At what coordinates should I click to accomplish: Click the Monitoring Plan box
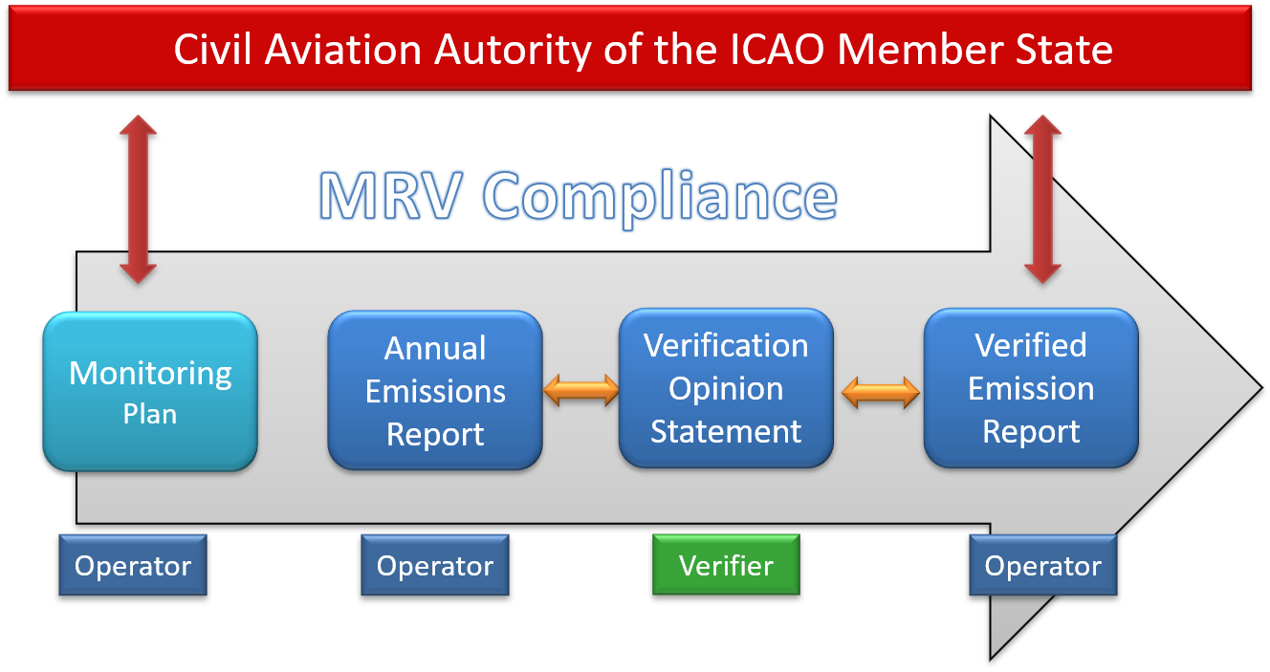click(x=150, y=392)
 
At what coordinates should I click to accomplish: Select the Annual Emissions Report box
click(x=435, y=390)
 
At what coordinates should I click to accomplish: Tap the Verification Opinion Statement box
click(x=726, y=388)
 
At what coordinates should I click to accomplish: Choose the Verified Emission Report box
click(x=1031, y=388)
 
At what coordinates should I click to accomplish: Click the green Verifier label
click(x=726, y=565)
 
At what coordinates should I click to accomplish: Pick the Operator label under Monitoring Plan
click(x=133, y=565)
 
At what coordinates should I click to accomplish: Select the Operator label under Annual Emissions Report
click(x=435, y=565)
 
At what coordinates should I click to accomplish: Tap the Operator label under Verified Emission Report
click(x=1043, y=565)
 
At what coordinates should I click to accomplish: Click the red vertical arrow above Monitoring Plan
click(x=138, y=199)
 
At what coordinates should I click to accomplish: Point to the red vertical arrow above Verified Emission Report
click(x=1042, y=199)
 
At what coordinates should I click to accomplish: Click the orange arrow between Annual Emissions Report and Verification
click(x=580, y=390)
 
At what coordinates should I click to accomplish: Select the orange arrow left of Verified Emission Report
click(x=881, y=392)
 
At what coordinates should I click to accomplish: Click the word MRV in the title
click(x=390, y=196)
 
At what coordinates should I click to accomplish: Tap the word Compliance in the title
click(x=660, y=198)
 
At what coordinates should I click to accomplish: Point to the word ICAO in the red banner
click(x=777, y=50)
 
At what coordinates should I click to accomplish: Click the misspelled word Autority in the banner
click(x=514, y=51)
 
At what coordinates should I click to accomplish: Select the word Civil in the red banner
click(x=212, y=49)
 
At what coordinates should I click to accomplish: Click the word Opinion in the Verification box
click(x=726, y=389)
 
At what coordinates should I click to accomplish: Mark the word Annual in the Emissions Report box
click(x=435, y=348)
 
